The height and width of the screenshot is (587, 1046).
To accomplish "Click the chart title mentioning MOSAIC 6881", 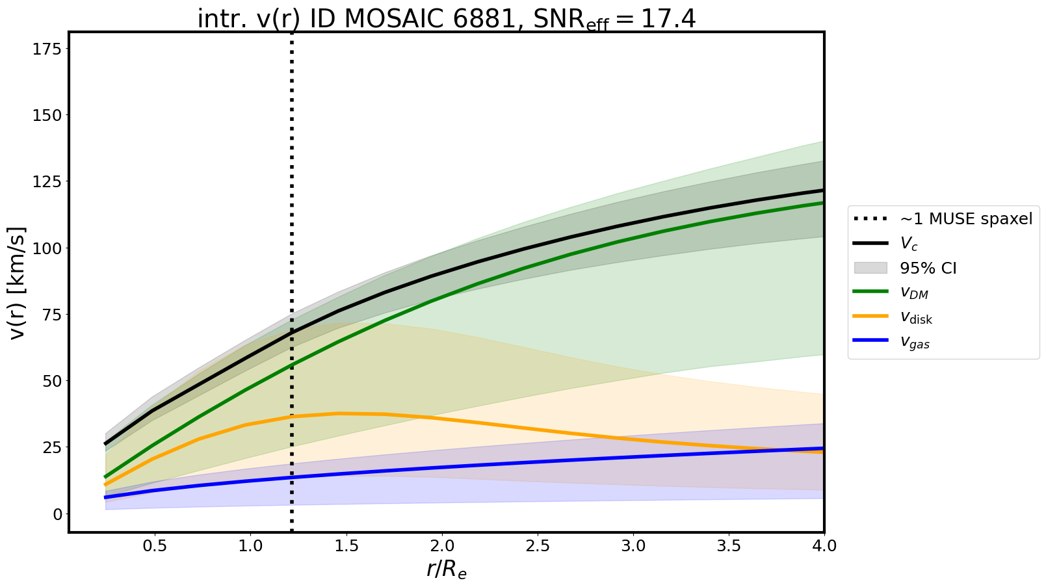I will point(446,19).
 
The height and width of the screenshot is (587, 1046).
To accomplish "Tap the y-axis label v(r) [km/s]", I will point(19,283).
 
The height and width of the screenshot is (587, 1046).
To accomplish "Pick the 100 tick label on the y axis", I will point(47,248).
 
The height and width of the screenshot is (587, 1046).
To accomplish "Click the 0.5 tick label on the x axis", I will point(155,546).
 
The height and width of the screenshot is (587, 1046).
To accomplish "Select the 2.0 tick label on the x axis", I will point(442,546).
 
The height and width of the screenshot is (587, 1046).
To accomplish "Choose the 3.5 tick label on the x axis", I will point(729,546).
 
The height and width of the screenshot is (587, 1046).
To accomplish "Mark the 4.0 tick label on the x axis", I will point(824,546).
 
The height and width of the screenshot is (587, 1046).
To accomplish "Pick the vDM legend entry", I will point(914,293).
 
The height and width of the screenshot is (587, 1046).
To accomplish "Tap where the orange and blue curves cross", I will point(804,450).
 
